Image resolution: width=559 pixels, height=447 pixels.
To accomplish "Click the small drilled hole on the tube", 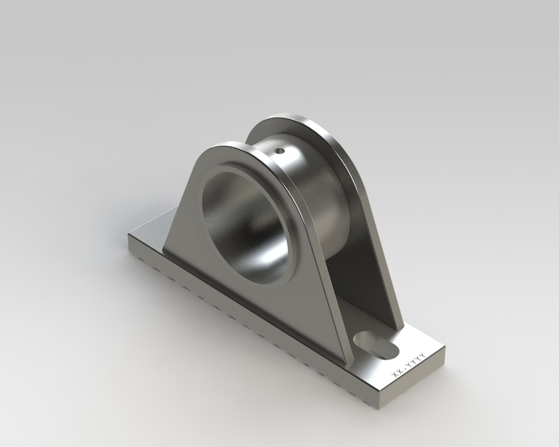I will point(279,152).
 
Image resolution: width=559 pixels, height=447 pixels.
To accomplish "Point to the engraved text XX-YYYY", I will point(409,367).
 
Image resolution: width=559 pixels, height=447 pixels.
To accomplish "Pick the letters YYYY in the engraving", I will point(415,362).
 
